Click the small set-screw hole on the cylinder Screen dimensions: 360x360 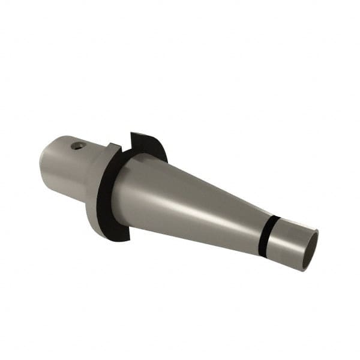tap(77, 145)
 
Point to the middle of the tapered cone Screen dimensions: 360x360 tap(192, 204)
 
